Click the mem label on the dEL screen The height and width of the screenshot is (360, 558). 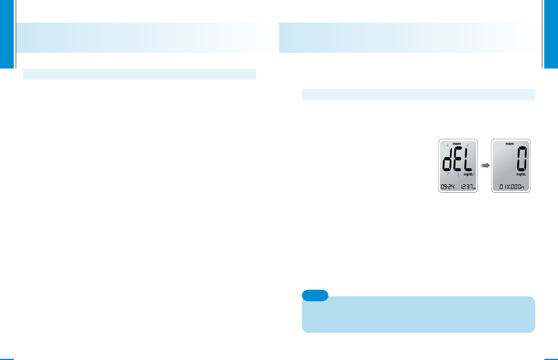click(457, 144)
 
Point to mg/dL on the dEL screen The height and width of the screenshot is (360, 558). click(468, 174)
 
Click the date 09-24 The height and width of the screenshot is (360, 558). click(447, 187)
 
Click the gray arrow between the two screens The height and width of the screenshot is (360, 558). click(485, 165)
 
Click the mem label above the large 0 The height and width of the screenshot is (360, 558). click(510, 144)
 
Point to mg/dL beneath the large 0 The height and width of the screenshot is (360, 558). click(521, 174)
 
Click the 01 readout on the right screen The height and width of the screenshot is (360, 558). click(503, 187)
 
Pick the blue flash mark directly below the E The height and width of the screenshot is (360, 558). click(458, 175)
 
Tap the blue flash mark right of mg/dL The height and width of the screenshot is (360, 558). click(474, 174)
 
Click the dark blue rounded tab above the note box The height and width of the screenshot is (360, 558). click(315, 295)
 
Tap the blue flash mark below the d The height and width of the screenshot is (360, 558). click(447, 174)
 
